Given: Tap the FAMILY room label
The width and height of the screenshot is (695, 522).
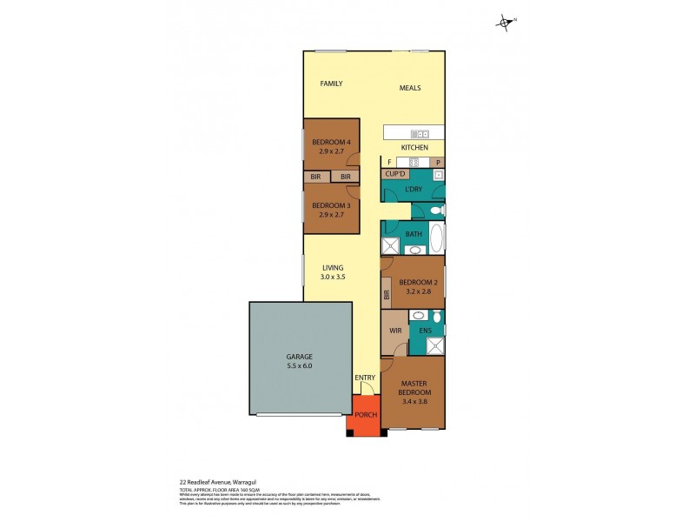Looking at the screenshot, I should click(331, 84).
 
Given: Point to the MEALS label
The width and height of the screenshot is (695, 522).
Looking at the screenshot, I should click(410, 88).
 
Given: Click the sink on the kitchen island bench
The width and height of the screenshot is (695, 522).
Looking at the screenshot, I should click(420, 134).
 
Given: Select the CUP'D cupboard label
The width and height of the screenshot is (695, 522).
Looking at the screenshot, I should click(394, 174).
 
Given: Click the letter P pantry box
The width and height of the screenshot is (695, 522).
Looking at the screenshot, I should click(439, 162).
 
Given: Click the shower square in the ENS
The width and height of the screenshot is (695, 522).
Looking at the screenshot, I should click(435, 345).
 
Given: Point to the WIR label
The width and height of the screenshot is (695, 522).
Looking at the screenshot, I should click(394, 331).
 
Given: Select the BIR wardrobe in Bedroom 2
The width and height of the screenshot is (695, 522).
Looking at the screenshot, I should click(387, 295).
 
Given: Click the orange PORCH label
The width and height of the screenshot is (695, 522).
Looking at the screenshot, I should click(366, 414).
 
